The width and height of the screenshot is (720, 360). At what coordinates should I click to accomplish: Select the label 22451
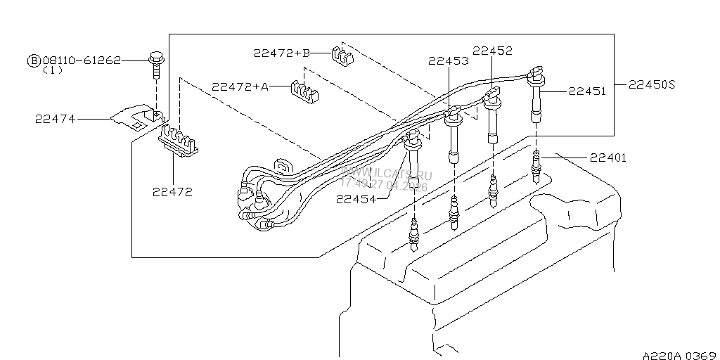pos(586,91)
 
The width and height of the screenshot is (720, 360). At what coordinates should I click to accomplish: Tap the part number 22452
pos(492,51)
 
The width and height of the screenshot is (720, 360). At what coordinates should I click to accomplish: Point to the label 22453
pos(449,61)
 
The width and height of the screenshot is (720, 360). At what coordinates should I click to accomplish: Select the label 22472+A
pos(240,86)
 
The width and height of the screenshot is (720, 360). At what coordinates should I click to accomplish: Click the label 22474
pos(54,120)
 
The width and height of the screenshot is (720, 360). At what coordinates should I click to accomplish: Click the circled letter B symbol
pos(34,61)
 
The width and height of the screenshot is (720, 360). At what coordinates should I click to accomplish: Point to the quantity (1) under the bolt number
pos(53,71)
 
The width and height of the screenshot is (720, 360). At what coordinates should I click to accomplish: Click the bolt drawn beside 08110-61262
pos(155,64)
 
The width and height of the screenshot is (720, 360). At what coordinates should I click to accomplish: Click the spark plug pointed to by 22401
pos(538,167)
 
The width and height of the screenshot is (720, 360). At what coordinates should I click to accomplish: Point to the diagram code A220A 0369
pos(678,354)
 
